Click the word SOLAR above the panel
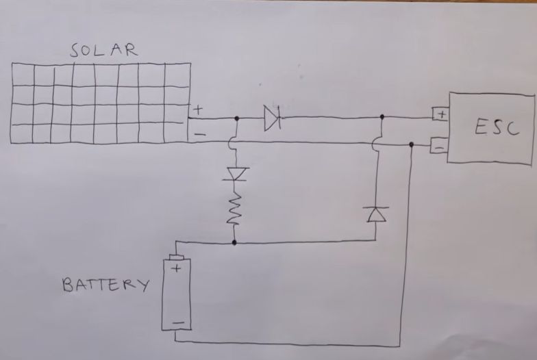(x=103, y=50)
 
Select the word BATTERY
(x=105, y=284)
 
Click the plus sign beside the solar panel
(x=198, y=109)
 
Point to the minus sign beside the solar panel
(x=199, y=134)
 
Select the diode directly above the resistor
(x=235, y=175)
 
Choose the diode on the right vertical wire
(x=376, y=214)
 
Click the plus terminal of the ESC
(x=440, y=114)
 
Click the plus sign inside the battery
(x=176, y=269)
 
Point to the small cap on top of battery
(x=177, y=257)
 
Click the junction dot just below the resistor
(x=234, y=242)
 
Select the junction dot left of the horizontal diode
(x=236, y=118)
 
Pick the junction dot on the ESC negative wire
(x=411, y=144)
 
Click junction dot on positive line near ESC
(x=382, y=117)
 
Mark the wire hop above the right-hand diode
(x=376, y=144)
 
